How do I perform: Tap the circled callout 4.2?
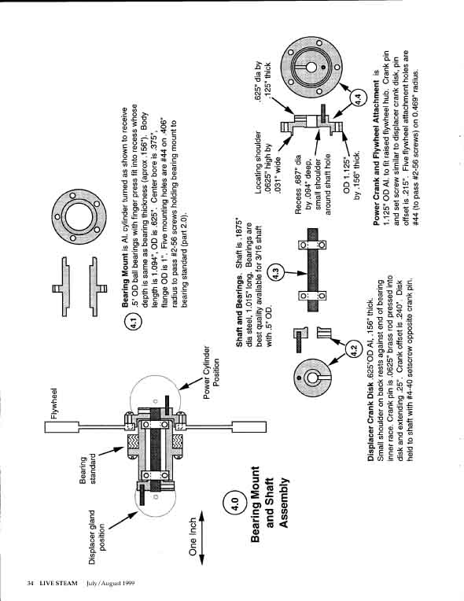tap(353, 349)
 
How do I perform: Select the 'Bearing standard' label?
tap(88, 468)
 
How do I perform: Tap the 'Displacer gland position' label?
tap(98, 536)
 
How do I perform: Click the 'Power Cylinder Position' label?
tap(212, 373)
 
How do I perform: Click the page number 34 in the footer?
tap(30, 583)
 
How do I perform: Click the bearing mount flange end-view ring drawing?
tap(79, 216)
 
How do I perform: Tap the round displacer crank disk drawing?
tap(312, 378)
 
